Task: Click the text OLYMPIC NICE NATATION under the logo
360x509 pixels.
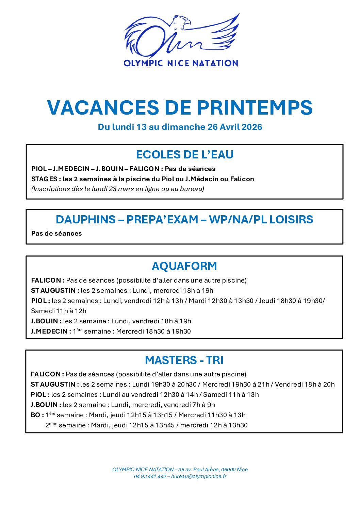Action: click(181, 63)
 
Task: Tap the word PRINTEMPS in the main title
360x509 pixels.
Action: click(255, 107)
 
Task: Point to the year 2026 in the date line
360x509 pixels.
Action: click(252, 127)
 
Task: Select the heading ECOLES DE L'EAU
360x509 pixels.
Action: click(184, 155)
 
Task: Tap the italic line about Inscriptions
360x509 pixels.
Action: click(118, 189)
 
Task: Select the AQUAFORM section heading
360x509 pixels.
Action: click(184, 266)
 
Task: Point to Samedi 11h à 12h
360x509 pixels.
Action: click(59, 311)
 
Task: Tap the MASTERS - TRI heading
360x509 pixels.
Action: click(184, 360)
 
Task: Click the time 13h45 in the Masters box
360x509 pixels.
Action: click(165, 425)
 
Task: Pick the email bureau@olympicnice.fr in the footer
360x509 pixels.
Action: click(199, 476)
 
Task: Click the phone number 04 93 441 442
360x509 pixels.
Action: click(150, 476)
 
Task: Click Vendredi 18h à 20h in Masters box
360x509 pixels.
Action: click(305, 384)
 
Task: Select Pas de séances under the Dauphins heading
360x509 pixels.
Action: click(56, 233)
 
